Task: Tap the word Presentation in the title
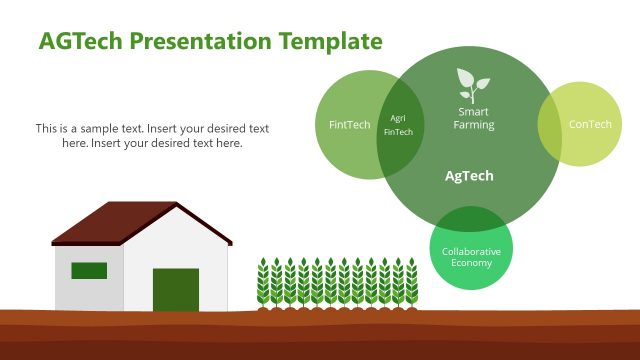(201, 41)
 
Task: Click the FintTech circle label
(349, 125)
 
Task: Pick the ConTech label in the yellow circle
(590, 125)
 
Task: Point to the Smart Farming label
(473, 118)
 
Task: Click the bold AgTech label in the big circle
(469, 176)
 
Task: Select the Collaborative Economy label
(471, 257)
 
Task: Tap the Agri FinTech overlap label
(398, 125)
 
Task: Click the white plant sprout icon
(472, 83)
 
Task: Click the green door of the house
(176, 289)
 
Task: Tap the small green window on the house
(89, 270)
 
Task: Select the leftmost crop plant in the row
(263, 283)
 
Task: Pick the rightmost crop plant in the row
(411, 283)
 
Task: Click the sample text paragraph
(152, 136)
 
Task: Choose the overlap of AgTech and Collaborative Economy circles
(470, 220)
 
